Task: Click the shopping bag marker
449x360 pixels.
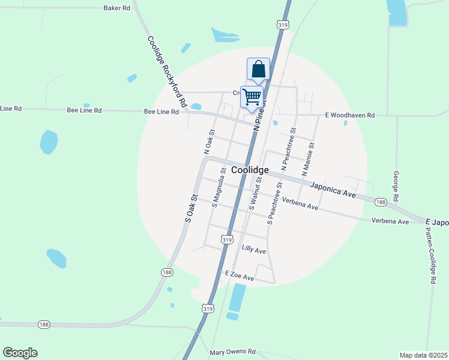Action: click(x=258, y=69)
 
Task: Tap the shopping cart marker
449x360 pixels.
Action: click(x=252, y=96)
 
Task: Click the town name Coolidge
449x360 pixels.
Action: click(x=250, y=170)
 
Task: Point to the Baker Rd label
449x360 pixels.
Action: click(x=116, y=8)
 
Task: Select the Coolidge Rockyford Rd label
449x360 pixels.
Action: click(x=167, y=71)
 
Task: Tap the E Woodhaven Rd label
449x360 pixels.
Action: click(x=350, y=115)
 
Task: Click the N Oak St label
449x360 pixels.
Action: click(x=209, y=142)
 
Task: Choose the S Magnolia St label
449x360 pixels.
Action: click(x=218, y=188)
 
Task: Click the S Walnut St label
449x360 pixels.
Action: click(x=256, y=193)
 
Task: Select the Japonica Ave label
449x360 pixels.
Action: click(x=333, y=190)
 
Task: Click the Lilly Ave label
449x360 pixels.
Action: click(x=253, y=248)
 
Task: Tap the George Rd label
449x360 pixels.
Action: click(x=396, y=186)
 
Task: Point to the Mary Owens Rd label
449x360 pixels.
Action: click(x=233, y=352)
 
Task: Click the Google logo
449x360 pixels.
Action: click(x=20, y=353)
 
